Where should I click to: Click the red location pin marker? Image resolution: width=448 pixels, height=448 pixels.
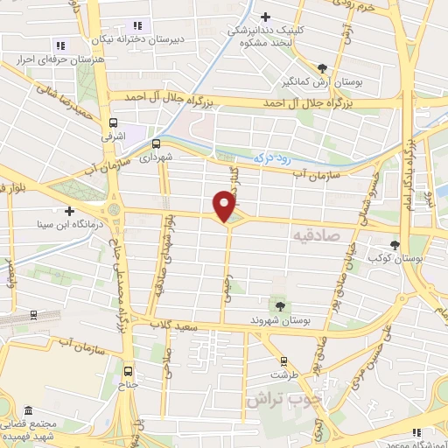(225, 206)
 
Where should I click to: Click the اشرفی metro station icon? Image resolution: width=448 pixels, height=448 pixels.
(113, 123)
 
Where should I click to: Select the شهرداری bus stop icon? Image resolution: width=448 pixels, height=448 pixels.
(157, 143)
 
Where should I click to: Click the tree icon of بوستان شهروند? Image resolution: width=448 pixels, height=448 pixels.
(280, 306)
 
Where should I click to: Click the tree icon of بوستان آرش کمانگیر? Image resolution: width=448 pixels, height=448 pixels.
(323, 67)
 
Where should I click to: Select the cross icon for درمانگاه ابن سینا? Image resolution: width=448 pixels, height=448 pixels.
(69, 211)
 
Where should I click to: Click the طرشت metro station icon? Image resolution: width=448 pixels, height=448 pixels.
(283, 360)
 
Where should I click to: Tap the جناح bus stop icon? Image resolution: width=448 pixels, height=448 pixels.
(129, 370)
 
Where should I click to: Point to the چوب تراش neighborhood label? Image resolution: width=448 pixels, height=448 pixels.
(280, 399)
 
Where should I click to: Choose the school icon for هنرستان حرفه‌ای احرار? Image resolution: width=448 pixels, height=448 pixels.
(60, 45)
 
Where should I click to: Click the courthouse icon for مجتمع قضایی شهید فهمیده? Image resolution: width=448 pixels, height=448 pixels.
(29, 411)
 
